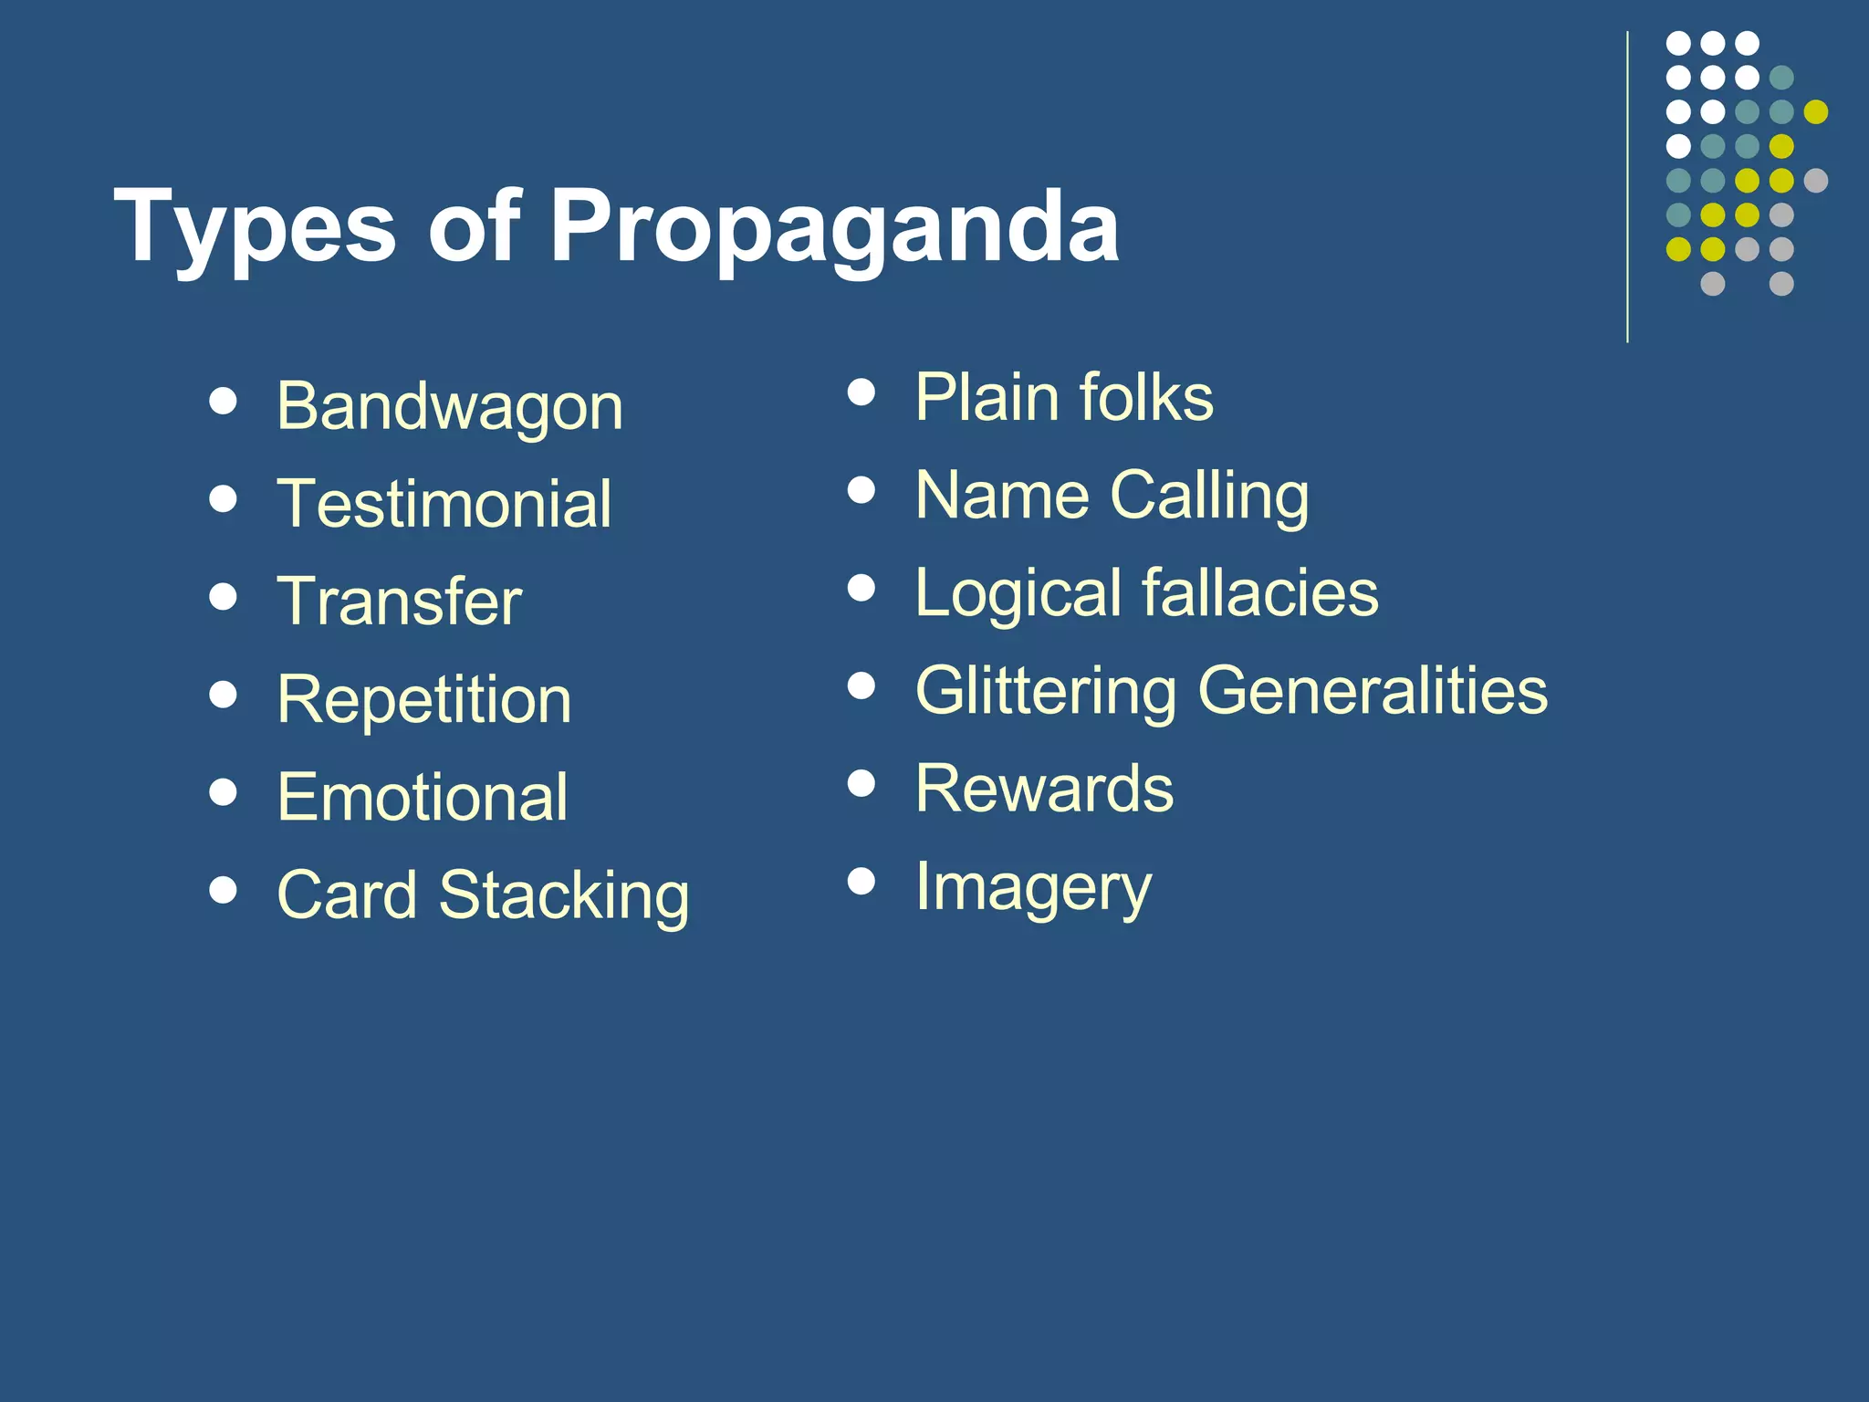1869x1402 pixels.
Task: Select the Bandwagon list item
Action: pyautogui.click(x=450, y=406)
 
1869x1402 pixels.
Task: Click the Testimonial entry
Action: pyautogui.click(x=444, y=504)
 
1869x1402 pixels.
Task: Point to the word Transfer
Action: pyautogui.click(x=399, y=602)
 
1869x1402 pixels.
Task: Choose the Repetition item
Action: pyautogui.click(x=424, y=700)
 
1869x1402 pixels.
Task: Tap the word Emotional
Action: pyautogui.click(x=423, y=797)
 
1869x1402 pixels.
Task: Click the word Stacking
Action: pyautogui.click(x=564, y=895)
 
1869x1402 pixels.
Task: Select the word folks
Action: pyautogui.click(x=1146, y=398)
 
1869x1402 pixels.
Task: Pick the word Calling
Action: pyautogui.click(x=1209, y=496)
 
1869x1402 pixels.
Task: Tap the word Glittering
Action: pyautogui.click(x=1046, y=691)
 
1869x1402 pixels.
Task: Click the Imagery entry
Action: pyautogui.click(x=1033, y=886)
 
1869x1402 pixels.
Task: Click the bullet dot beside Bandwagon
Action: pyautogui.click(x=223, y=401)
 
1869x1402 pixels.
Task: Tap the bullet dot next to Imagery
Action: pyautogui.click(x=861, y=881)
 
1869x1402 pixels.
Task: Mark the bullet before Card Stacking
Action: pyautogui.click(x=223, y=889)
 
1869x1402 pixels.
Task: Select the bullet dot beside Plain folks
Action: pyautogui.click(x=861, y=392)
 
